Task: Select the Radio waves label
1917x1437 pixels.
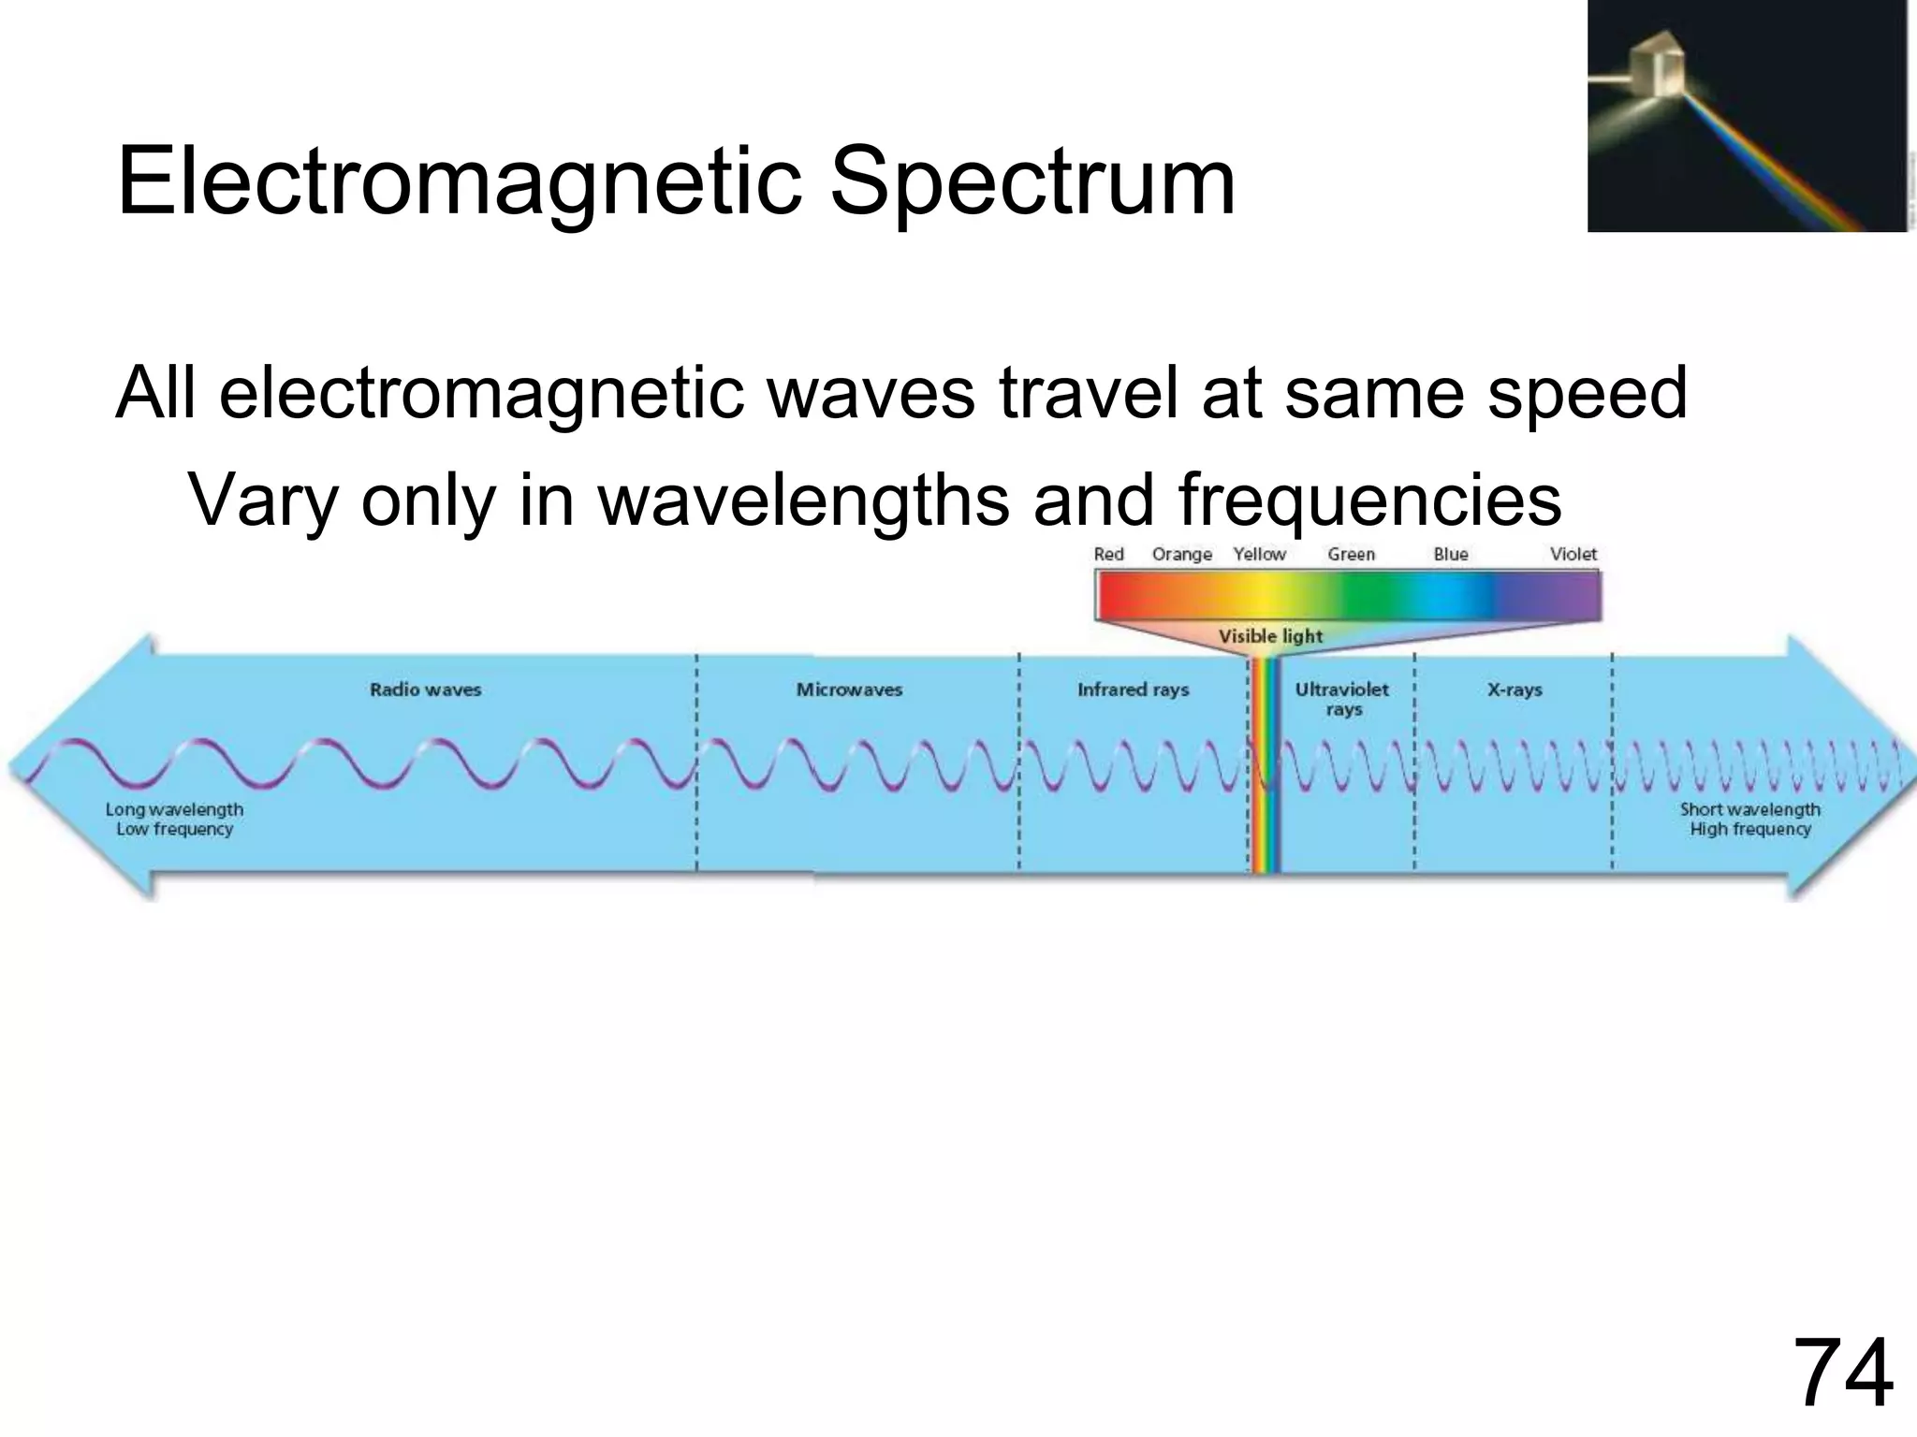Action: (425, 689)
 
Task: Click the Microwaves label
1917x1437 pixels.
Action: (849, 689)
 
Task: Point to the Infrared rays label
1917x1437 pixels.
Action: (1133, 689)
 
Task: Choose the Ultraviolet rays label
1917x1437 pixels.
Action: (1341, 699)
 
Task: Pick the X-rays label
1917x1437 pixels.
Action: (1514, 689)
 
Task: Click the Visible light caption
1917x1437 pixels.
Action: (1270, 636)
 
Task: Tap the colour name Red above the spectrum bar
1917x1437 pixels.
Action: (1108, 554)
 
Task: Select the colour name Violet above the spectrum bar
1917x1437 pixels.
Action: (1573, 554)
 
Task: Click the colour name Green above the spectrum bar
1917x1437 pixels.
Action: (1351, 554)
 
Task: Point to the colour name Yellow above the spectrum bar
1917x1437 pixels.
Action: (1259, 554)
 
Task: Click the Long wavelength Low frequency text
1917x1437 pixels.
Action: (174, 820)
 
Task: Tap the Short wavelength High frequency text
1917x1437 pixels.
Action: (1749, 820)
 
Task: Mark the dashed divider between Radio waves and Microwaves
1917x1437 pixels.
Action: (696, 762)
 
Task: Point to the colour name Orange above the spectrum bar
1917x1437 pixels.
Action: (1181, 554)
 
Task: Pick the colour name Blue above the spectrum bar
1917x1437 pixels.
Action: (1450, 554)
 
